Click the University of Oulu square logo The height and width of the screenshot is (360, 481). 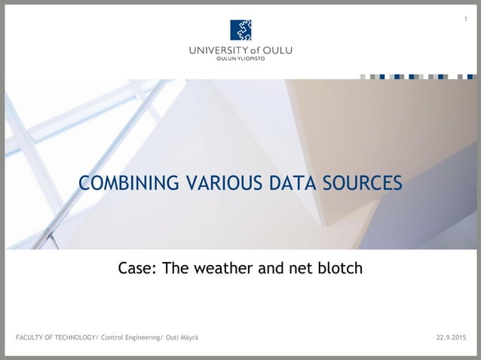pyautogui.click(x=240, y=29)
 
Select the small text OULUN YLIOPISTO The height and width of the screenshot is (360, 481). pyautogui.click(x=240, y=59)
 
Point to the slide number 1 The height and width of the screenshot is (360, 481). pyautogui.click(x=466, y=19)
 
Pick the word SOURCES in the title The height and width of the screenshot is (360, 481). pyautogui.click(x=361, y=183)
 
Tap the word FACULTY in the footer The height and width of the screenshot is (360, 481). pyautogui.click(x=30, y=336)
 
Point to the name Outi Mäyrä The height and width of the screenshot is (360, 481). pyautogui.click(x=182, y=336)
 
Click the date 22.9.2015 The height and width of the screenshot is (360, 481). pyautogui.click(x=451, y=336)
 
